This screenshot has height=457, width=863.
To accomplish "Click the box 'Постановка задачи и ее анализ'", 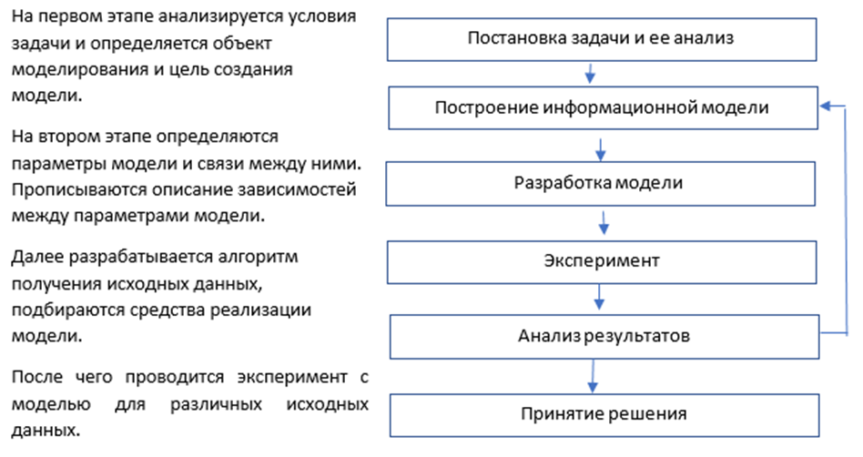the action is tap(602, 40).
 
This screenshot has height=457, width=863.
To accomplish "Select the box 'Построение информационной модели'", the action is tap(604, 108).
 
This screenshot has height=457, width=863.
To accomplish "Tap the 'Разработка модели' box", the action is tap(601, 184).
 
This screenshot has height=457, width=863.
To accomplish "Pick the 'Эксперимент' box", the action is tap(602, 262).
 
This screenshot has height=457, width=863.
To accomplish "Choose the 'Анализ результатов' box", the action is tap(604, 337).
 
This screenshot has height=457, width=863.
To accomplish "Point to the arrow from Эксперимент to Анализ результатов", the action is tap(599, 297).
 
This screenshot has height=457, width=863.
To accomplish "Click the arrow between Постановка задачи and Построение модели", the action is tap(590, 73).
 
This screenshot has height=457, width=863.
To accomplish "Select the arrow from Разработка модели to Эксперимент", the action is tap(604, 222).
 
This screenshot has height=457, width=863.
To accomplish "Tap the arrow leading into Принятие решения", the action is tap(593, 376).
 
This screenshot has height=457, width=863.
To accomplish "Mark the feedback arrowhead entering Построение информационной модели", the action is tap(826, 107).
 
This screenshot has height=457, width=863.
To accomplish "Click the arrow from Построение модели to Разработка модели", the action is tap(601, 149).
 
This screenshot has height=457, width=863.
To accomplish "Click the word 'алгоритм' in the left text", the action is tap(259, 257).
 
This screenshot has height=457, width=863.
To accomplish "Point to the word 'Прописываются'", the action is tap(78, 190).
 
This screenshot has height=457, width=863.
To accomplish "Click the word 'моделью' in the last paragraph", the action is tap(51, 405).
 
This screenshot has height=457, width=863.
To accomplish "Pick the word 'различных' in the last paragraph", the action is tap(216, 405).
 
